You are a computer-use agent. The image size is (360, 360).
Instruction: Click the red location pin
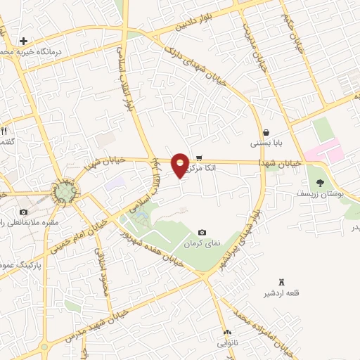(x=180, y=165)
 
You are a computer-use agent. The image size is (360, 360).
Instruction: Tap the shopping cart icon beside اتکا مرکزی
(x=200, y=157)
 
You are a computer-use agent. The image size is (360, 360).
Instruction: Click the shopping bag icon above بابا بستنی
(x=266, y=132)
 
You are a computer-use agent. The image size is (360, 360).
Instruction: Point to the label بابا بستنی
(x=267, y=144)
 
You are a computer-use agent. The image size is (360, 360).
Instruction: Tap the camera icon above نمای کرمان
(x=202, y=232)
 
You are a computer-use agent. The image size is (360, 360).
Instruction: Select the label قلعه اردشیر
(x=283, y=293)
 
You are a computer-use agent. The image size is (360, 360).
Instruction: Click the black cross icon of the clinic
(x=24, y=41)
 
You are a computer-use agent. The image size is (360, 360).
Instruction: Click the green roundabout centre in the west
(x=64, y=190)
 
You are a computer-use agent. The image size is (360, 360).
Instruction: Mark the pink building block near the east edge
(x=323, y=152)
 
